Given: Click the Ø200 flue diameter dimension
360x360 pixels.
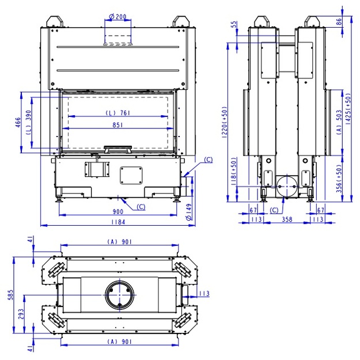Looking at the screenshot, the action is pos(118,17).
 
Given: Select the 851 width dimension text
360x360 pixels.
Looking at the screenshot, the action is pos(118,125).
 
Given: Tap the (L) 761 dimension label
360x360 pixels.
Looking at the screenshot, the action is pos(118,113).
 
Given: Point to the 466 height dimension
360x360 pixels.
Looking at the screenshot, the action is pos(18,122).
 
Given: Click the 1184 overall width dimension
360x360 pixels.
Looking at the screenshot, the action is pos(118,222).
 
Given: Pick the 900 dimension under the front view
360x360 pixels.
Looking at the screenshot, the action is pos(118,211).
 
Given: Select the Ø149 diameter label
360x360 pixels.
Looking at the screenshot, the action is pos(189,212).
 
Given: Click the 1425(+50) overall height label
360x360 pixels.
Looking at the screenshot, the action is pos(348,109).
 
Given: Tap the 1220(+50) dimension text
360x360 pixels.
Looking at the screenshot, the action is pos(225,122).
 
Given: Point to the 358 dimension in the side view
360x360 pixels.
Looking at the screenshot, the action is pos(287,219).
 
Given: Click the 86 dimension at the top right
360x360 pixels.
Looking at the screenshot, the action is pos(339,22).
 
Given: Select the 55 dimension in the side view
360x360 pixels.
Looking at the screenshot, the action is pos(234,24).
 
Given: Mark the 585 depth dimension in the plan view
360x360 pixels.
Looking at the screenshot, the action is pos(10,295).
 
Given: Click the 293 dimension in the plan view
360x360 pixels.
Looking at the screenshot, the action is pos(21,314).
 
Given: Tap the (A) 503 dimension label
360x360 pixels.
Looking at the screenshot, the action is pos(339,122).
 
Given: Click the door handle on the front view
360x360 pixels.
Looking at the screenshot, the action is pos(118,149).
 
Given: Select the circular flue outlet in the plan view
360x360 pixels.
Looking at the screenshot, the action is pos(119,294).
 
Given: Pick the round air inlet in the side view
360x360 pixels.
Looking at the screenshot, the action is pos(287,186).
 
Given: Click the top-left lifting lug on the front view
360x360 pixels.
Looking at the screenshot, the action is pos(55,21).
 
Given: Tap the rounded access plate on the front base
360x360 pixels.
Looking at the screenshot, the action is pos(131,175).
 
